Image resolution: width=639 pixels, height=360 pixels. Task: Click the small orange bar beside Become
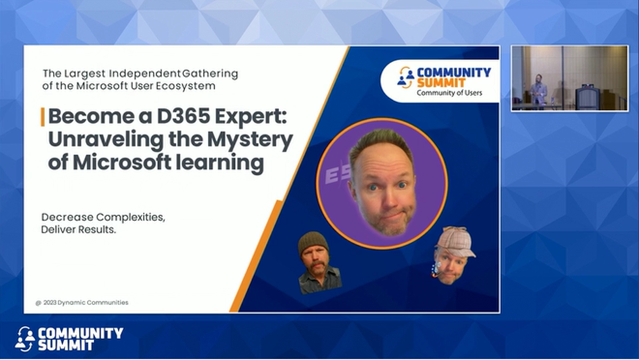(x=43, y=117)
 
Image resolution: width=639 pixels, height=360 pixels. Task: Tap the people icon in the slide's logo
(x=406, y=78)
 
